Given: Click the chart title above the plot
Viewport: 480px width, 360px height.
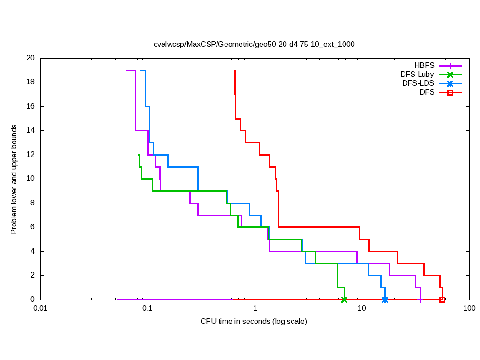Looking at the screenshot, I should tap(254, 45).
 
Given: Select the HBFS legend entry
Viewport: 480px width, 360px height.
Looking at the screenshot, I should tap(424, 66).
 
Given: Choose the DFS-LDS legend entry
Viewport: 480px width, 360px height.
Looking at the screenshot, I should tap(418, 83).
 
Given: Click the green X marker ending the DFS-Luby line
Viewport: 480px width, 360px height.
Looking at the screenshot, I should tap(344, 300).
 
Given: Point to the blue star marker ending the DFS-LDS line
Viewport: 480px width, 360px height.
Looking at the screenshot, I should tap(385, 300).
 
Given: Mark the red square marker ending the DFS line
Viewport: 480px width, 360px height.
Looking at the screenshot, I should tap(442, 300).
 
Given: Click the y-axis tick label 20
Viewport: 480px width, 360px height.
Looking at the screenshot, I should tap(30, 58).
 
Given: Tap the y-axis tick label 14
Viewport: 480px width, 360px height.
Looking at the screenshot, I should tap(30, 130).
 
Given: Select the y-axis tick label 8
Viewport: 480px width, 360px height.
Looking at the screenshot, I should tap(32, 203).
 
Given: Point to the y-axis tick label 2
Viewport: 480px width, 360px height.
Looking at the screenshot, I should tap(32, 275).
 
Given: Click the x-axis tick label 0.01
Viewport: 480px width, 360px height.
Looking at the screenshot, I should tap(41, 309).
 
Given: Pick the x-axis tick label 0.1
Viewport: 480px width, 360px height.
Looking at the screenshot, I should tap(148, 309).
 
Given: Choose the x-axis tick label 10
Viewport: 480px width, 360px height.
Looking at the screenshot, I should tap(362, 309).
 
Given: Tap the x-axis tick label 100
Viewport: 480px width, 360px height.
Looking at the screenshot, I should tap(469, 309).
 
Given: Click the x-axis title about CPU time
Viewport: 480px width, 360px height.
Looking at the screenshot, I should tap(254, 322).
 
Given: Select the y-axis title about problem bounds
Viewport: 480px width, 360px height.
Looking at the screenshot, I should tap(14, 179).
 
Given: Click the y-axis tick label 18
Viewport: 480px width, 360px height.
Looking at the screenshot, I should tap(30, 82).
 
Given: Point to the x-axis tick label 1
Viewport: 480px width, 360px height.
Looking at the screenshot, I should tap(255, 309).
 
